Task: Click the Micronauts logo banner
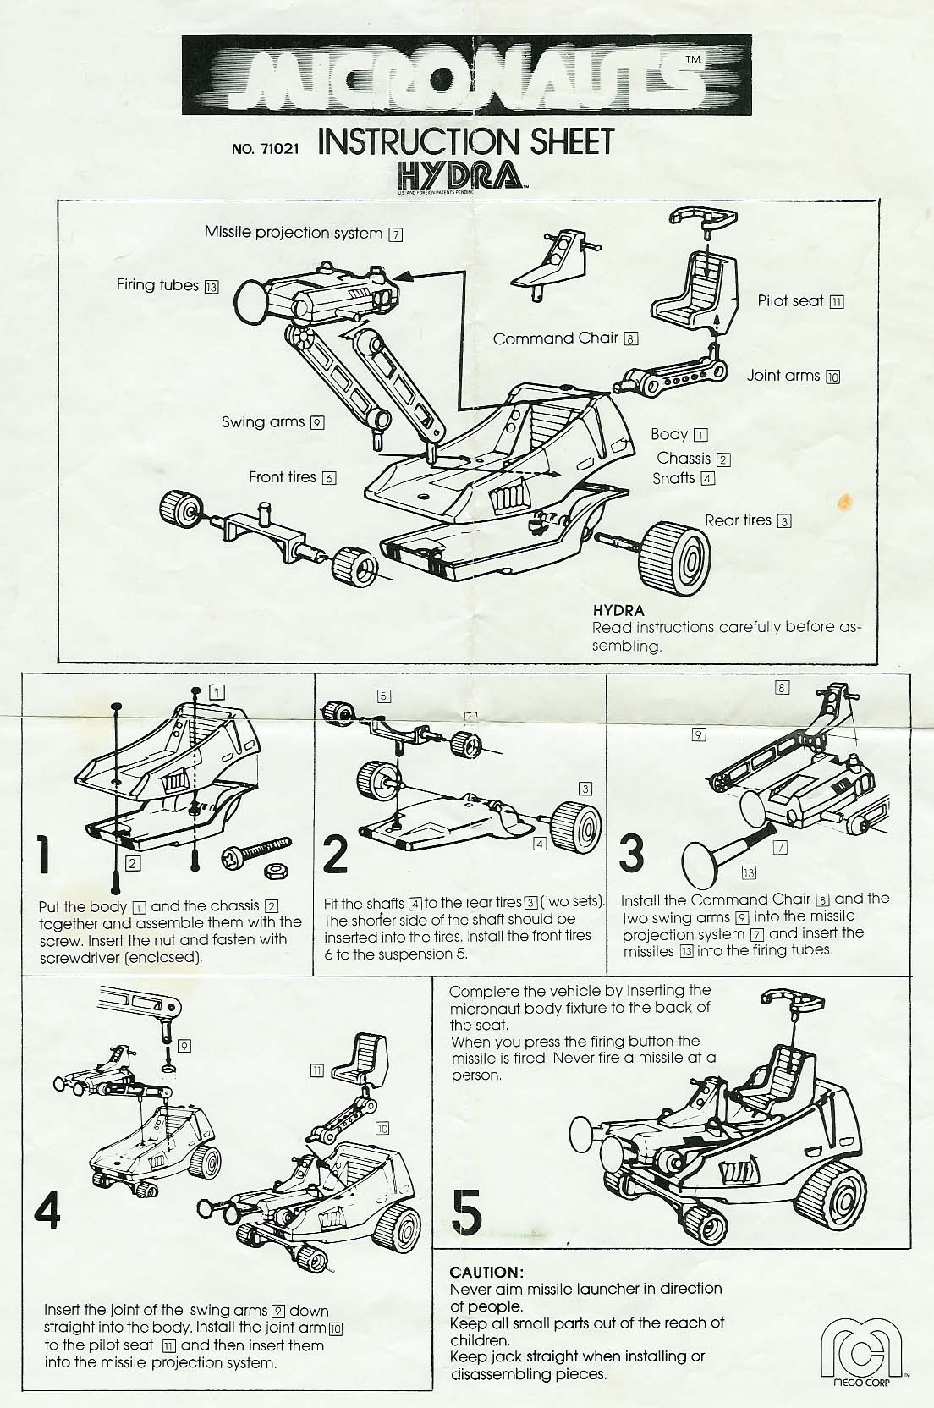pos(466,74)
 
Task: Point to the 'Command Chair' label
pos(557,338)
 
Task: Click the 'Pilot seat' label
pos(791,300)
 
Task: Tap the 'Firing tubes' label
pos(158,285)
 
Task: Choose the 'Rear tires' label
pos(739,520)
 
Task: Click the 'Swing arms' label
pos(263,421)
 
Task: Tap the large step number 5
pos(467,1212)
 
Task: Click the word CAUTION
pos(486,1272)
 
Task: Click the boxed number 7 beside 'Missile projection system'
pos(394,234)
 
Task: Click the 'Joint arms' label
pos(783,376)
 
